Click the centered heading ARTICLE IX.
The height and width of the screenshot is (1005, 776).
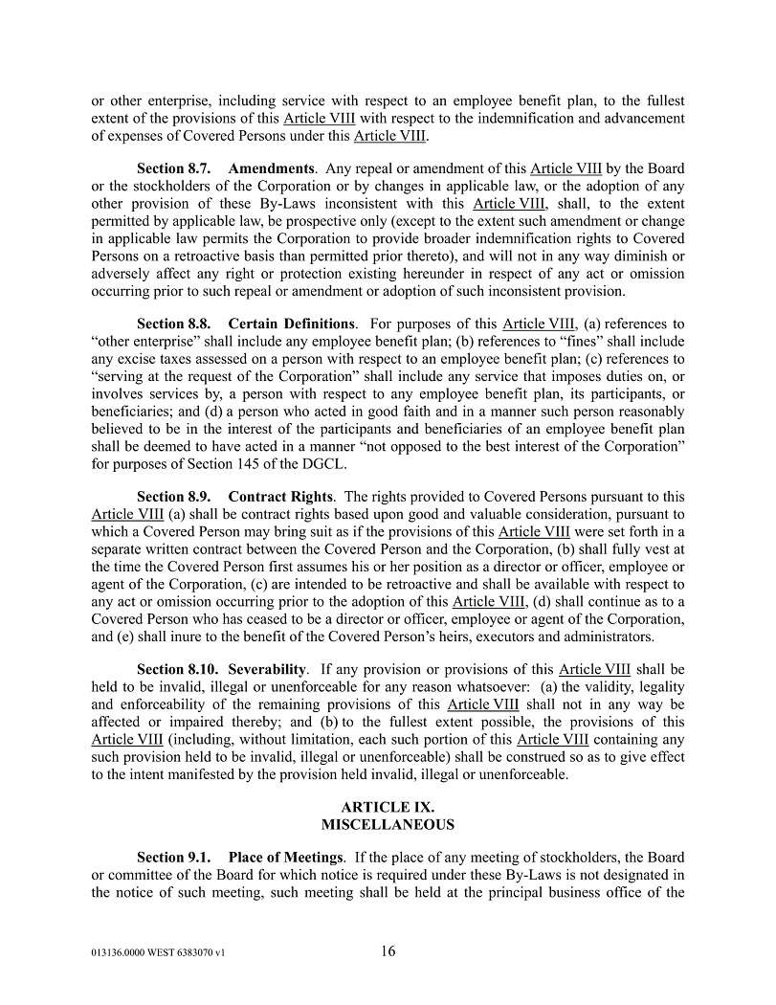[x=388, y=807]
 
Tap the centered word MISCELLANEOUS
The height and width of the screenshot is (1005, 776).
[x=388, y=824]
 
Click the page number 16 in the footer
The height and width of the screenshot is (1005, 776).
[x=388, y=951]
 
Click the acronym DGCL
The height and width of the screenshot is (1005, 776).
[x=325, y=464]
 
